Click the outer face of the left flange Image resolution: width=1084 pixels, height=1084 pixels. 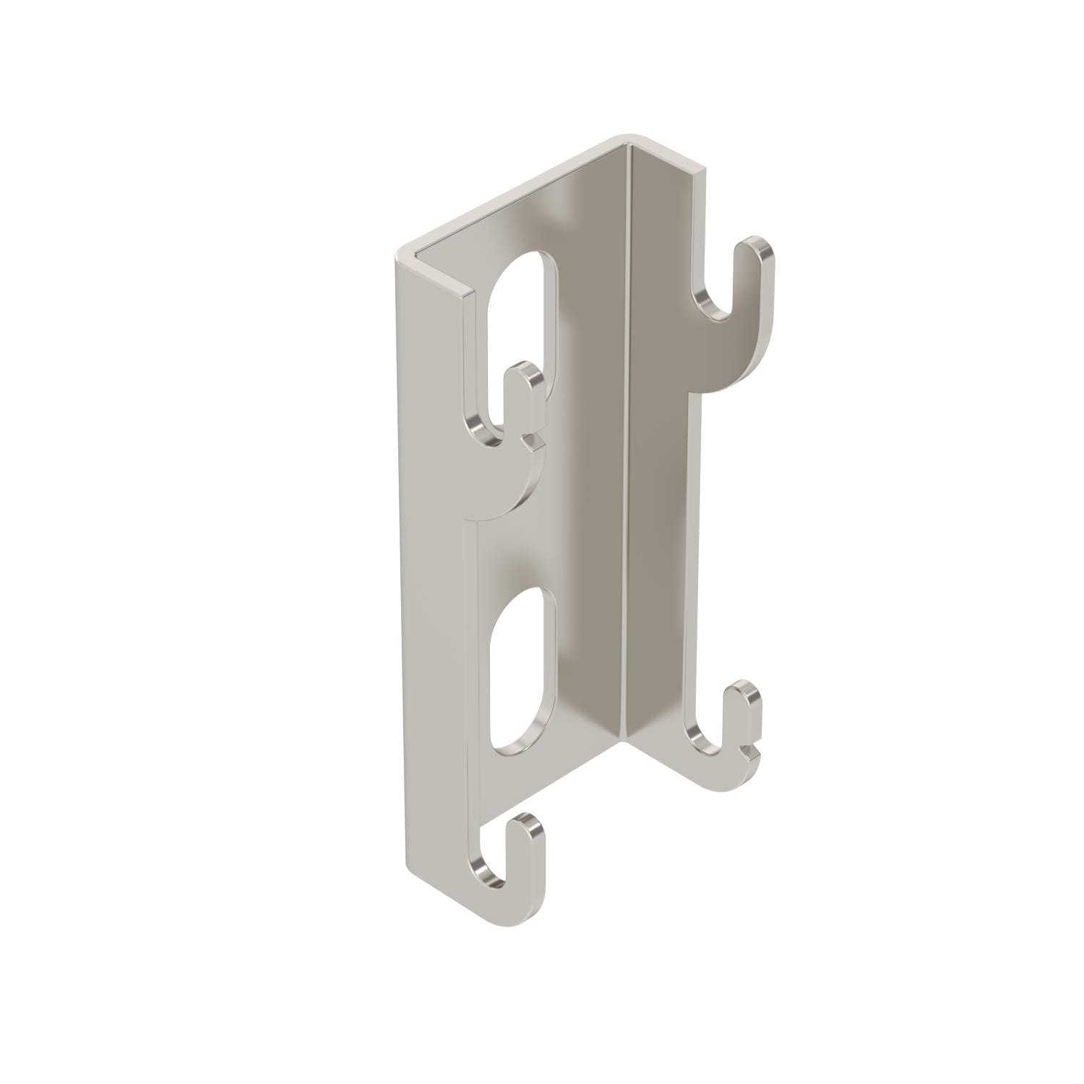coord(434,578)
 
